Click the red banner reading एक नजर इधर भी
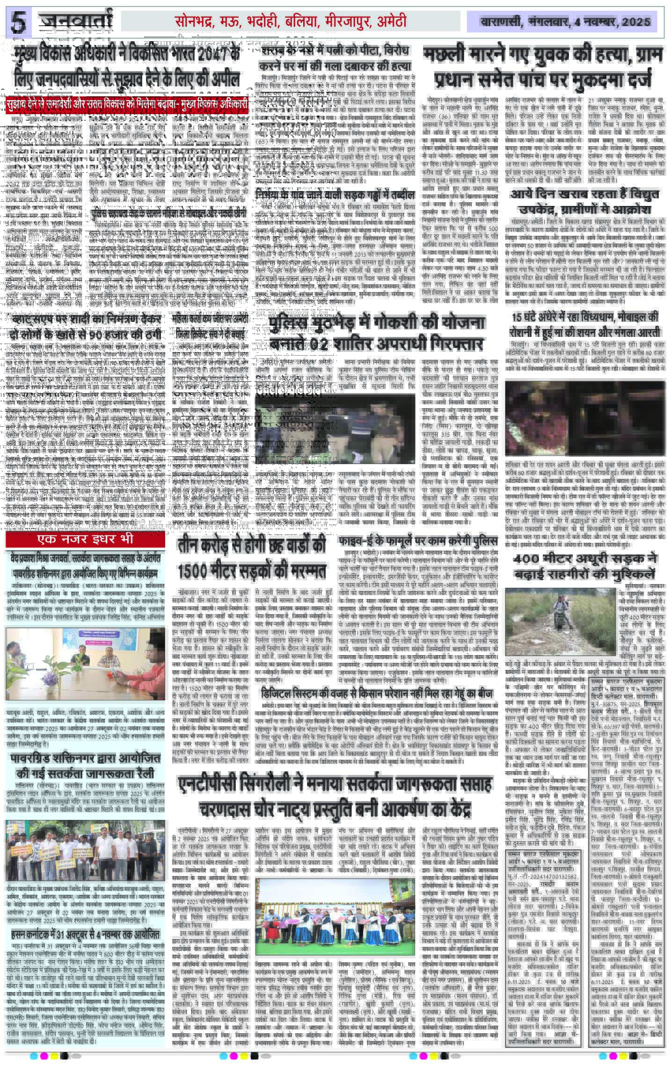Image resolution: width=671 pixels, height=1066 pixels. pyautogui.click(x=85, y=540)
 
